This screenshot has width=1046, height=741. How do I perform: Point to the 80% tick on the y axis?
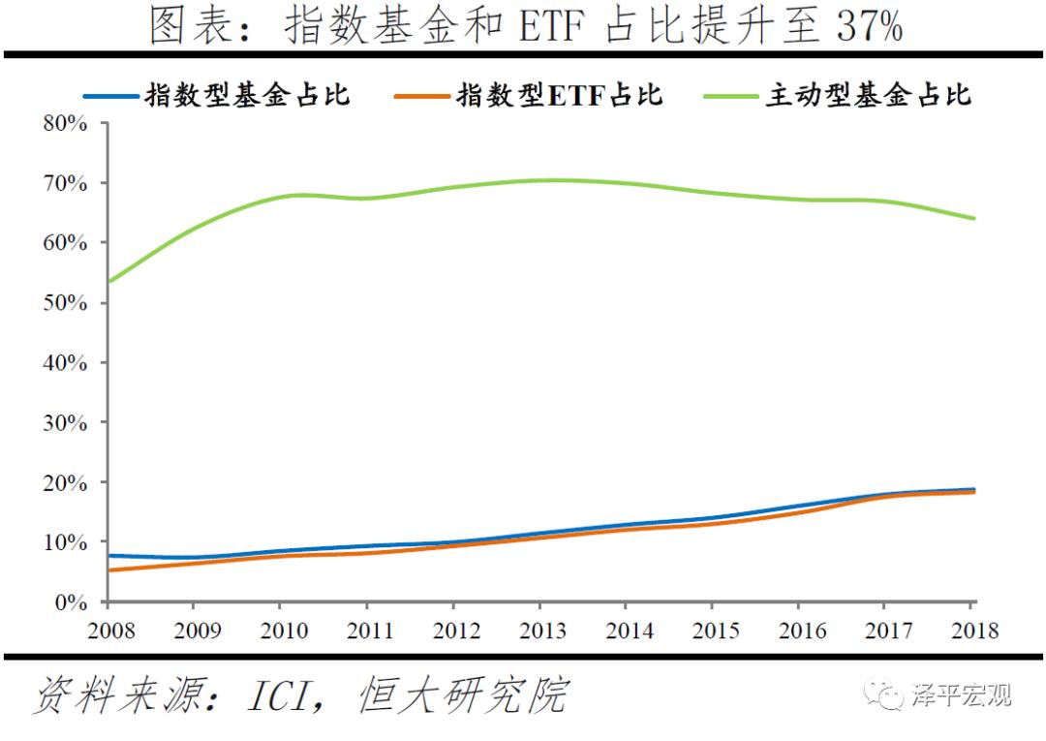tap(65, 124)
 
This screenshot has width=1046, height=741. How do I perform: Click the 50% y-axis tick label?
tap(65, 303)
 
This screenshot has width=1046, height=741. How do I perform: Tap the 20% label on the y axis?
tap(65, 482)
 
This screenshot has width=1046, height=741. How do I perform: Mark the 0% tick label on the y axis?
tap(71, 602)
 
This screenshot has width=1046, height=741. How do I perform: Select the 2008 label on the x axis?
tap(109, 631)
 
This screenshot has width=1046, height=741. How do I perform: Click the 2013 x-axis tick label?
tap(542, 631)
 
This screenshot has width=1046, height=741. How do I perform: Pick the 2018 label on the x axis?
tap(972, 631)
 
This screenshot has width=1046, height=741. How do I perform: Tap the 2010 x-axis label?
tap(283, 631)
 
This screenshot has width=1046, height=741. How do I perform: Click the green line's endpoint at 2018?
tap(973, 218)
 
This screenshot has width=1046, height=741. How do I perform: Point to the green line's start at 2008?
tap(109, 281)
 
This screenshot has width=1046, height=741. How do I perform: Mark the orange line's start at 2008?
tap(109, 571)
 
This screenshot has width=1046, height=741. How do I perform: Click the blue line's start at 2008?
tap(109, 555)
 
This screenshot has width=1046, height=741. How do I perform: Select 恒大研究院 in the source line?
tap(462, 696)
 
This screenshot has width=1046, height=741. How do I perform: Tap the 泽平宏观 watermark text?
tap(961, 695)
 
